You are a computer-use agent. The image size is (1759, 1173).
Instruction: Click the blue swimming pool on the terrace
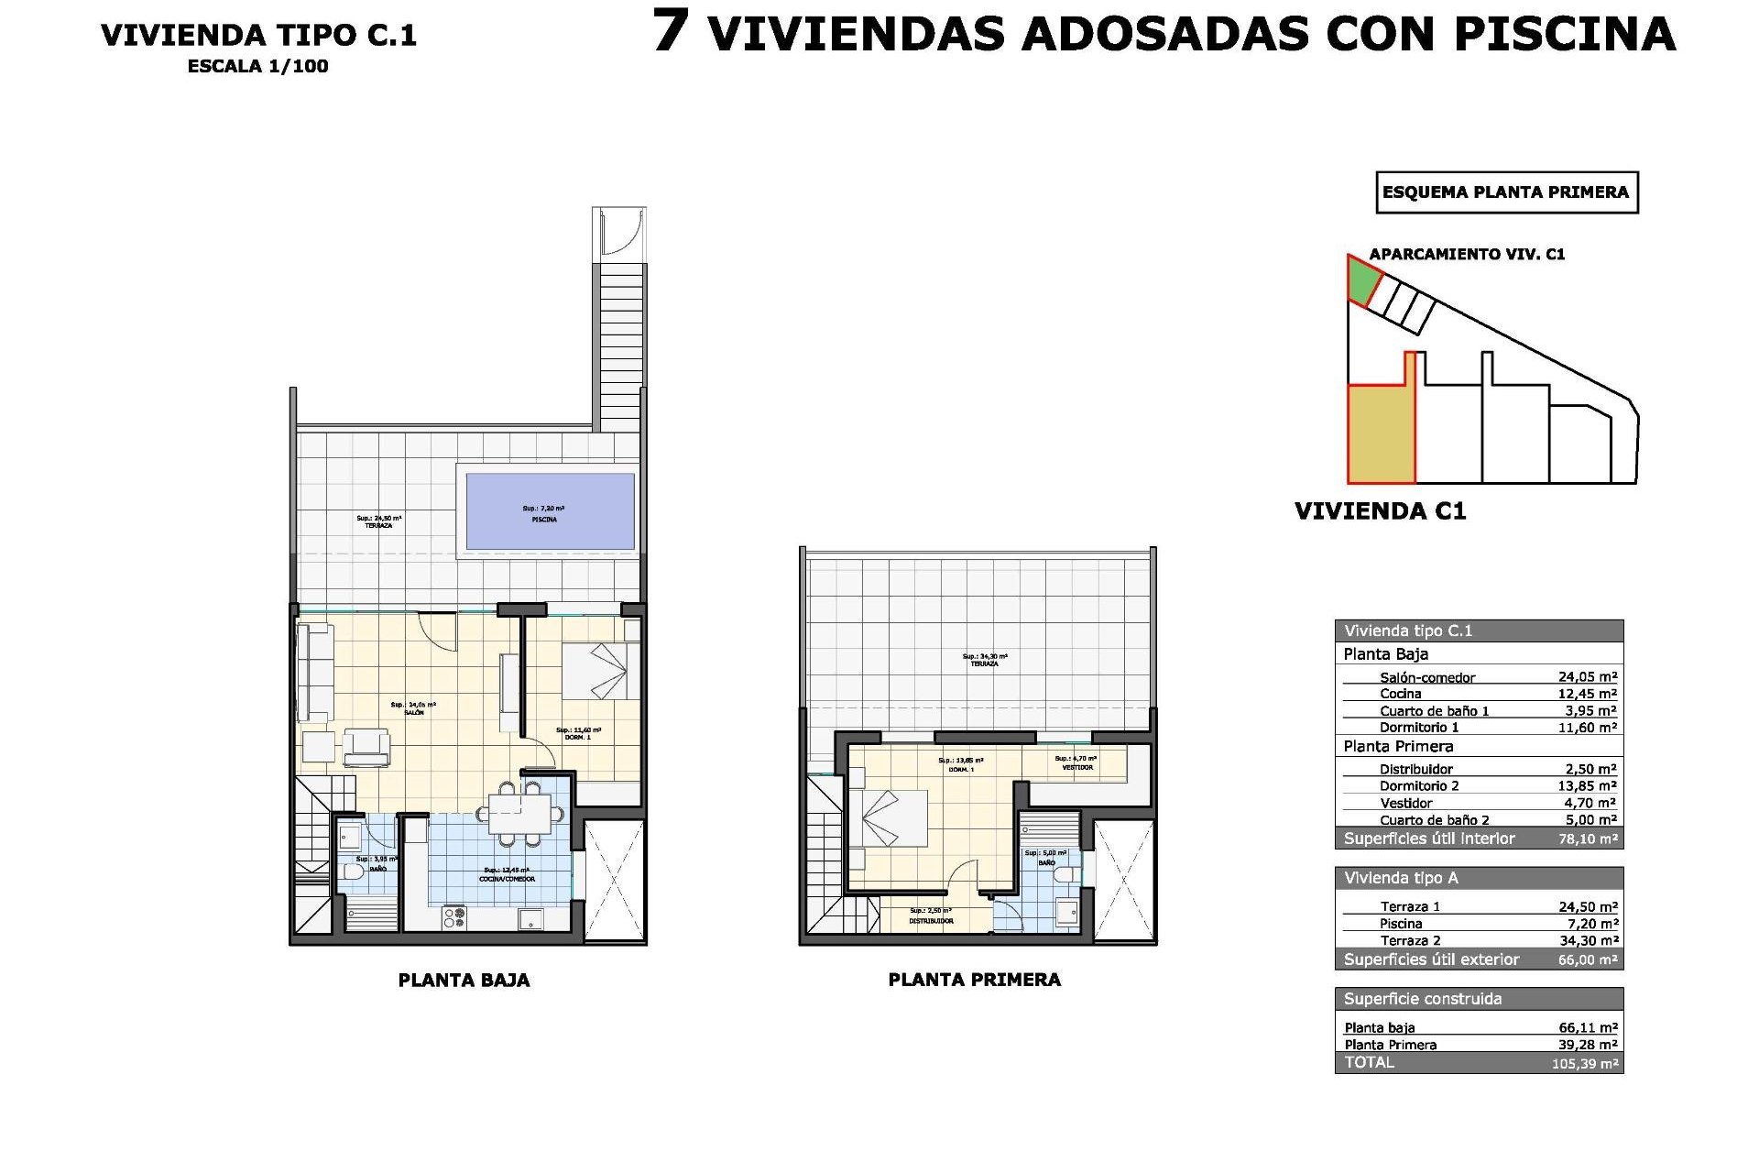pos(550,511)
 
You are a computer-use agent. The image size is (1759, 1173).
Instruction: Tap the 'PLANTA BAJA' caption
pos(464,980)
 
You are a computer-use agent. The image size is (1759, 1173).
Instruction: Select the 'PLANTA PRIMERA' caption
pos(974,980)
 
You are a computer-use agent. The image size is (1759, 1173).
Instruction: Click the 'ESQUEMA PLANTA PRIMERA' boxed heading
pos(1505,192)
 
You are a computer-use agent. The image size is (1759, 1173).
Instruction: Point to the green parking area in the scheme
pos(1361,280)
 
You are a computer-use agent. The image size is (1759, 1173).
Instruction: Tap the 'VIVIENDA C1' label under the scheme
pos(1380,511)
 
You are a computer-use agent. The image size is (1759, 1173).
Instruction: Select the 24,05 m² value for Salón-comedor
pos(1587,677)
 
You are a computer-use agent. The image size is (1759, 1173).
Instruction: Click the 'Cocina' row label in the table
pos(1400,694)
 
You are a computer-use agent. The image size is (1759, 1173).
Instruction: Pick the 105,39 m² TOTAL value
pos(1585,1064)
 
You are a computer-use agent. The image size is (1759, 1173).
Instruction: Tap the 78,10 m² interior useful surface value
pos(1588,839)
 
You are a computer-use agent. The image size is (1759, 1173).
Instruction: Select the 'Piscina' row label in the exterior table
pos(1401,924)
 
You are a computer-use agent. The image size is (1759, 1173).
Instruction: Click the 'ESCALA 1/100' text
pos(257,66)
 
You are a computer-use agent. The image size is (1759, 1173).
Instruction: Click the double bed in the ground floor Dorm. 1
pos(594,671)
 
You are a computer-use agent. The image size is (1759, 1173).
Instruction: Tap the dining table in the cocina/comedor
pos(519,813)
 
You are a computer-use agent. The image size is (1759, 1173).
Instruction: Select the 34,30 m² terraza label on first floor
pos(984,660)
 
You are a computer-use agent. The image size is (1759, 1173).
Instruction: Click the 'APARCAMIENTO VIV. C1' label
pos(1467,254)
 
